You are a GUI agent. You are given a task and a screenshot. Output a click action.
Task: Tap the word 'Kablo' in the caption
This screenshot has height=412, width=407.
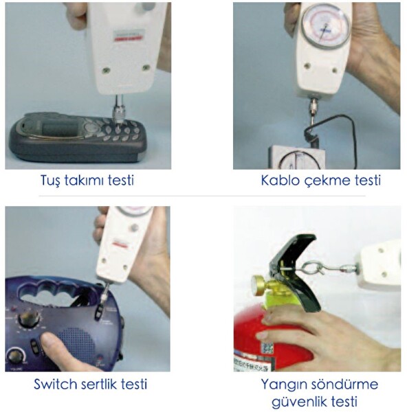click(x=279, y=181)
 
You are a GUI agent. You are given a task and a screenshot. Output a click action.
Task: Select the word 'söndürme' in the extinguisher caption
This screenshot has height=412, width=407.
click(x=342, y=384)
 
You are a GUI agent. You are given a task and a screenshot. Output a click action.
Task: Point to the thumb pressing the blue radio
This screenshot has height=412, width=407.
click(x=49, y=341)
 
